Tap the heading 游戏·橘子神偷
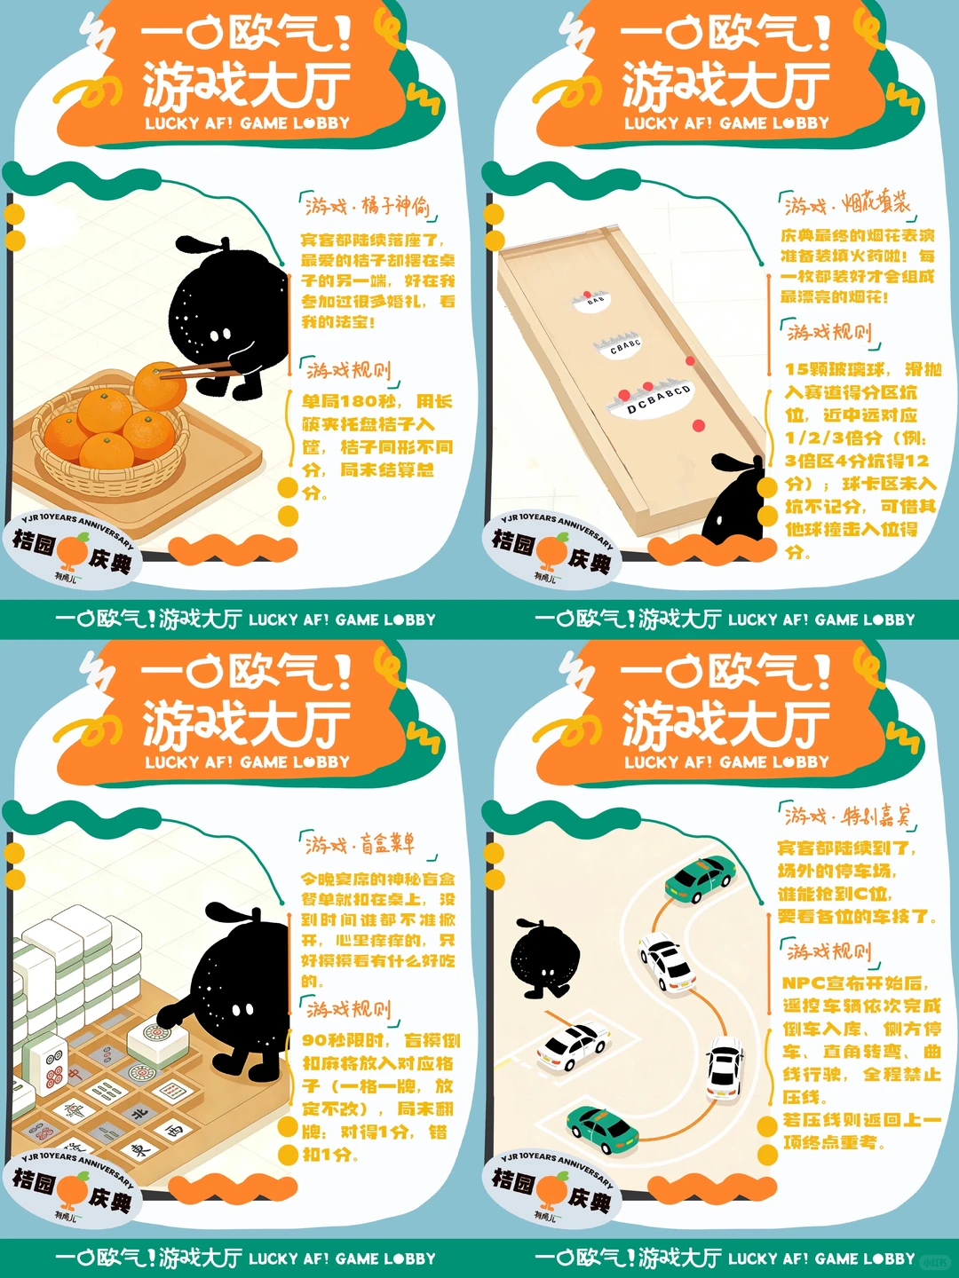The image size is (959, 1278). pyautogui.click(x=367, y=206)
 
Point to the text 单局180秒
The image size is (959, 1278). pyautogui.click(x=349, y=401)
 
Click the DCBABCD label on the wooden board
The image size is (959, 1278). pyautogui.click(x=657, y=399)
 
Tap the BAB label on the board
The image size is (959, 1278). pyautogui.click(x=596, y=300)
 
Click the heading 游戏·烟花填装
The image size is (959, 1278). pyautogui.click(x=847, y=204)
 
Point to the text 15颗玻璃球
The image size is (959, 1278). pyautogui.click(x=835, y=369)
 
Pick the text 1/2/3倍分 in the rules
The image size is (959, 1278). pyautogui.click(x=833, y=438)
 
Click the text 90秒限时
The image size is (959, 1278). pyautogui.click(x=344, y=1040)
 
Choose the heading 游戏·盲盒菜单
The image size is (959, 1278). pyautogui.click(x=360, y=843)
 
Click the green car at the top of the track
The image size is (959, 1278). pyautogui.click(x=701, y=879)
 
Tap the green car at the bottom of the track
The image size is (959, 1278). pyautogui.click(x=603, y=1130)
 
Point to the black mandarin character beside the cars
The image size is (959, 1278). pyautogui.click(x=543, y=958)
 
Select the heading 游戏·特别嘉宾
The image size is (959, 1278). pyautogui.click(x=847, y=815)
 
